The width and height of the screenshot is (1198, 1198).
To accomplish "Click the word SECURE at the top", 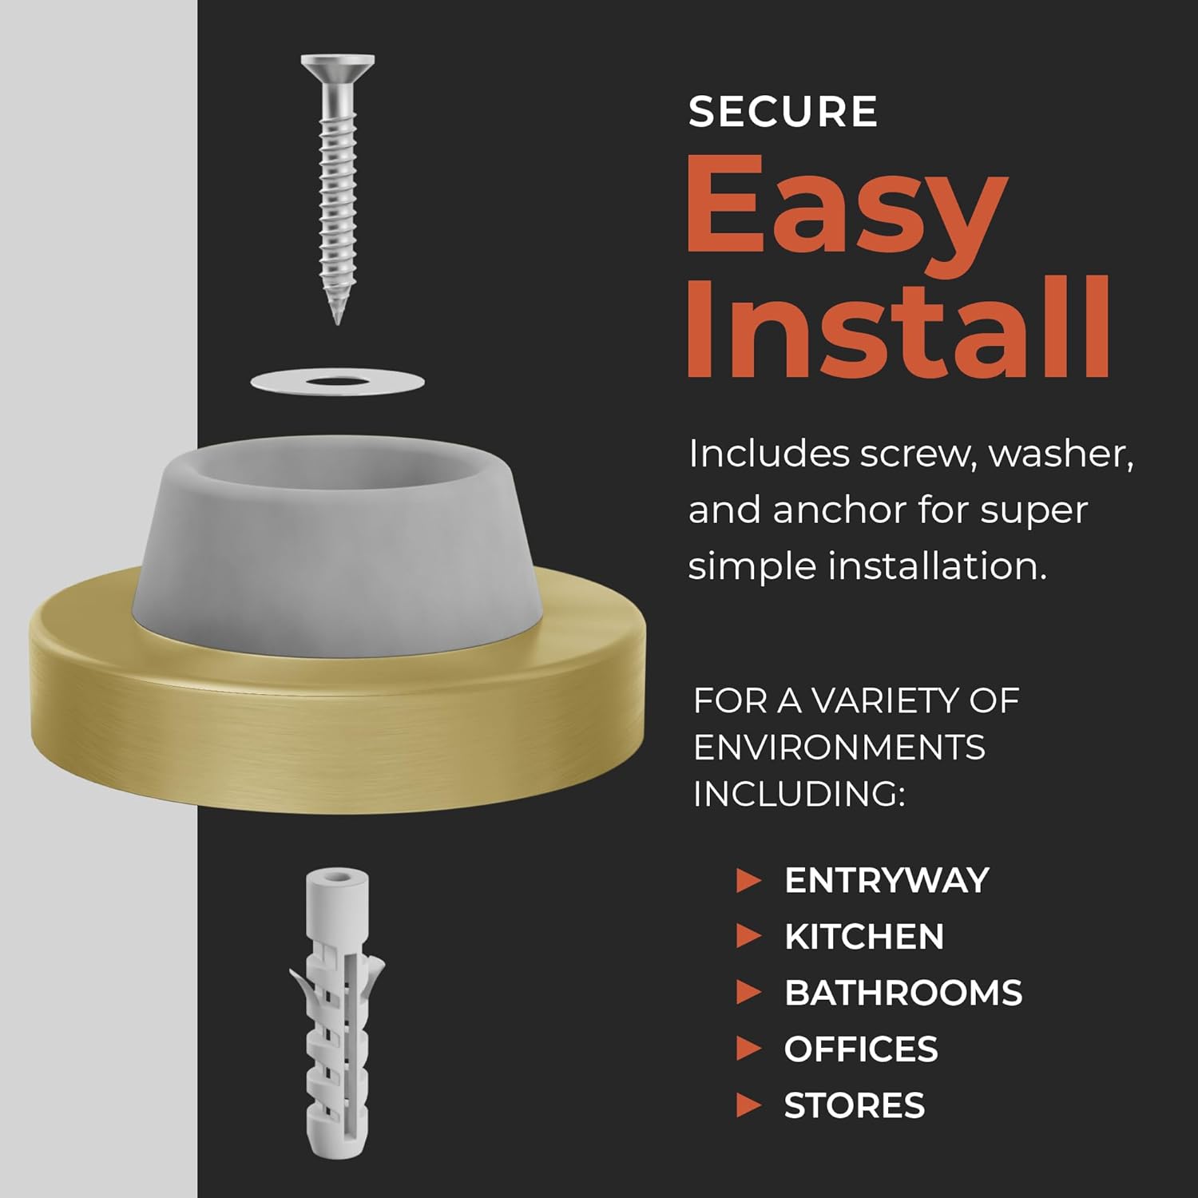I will (x=783, y=112).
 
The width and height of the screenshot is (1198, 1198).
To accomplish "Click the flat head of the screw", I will (x=338, y=62).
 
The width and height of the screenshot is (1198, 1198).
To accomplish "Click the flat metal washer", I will (x=337, y=383).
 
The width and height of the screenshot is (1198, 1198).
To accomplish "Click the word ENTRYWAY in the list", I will (x=887, y=881).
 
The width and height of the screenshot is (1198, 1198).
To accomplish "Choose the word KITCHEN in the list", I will (x=864, y=937).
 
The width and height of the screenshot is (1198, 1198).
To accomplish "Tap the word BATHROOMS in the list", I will (x=903, y=994).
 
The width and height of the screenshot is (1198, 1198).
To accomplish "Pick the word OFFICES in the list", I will (x=861, y=1049).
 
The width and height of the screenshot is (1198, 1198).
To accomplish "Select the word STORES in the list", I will (x=855, y=1106).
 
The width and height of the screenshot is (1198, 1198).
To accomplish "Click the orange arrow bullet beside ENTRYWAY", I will (x=748, y=881).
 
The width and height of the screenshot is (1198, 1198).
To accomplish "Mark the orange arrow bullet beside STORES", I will (x=748, y=1106).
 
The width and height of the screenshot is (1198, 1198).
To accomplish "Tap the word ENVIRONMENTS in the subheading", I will (x=839, y=748).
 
